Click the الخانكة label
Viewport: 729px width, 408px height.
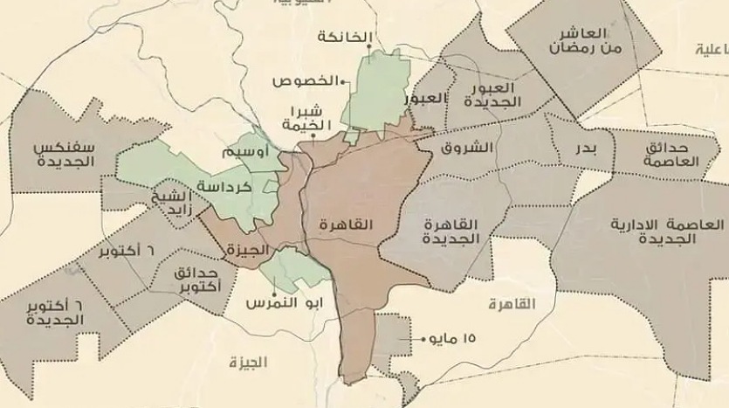[x=346, y=37]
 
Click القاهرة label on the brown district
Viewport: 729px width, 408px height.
[x=347, y=225]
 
